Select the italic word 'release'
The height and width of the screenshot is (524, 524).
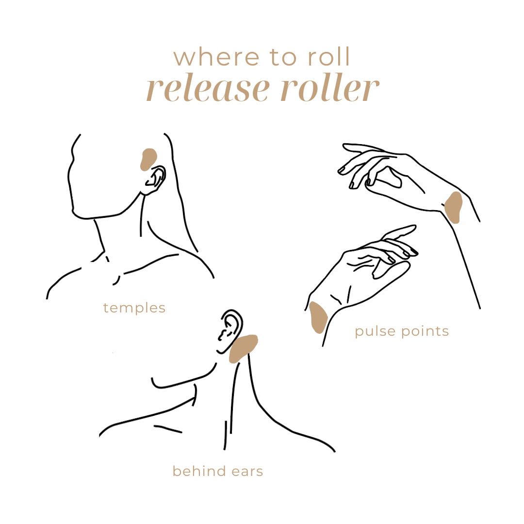[x=208, y=87]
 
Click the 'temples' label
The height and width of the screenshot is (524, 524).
[x=134, y=308]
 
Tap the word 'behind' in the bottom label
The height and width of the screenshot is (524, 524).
[x=199, y=471]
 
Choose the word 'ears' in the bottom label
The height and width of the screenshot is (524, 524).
[x=247, y=472]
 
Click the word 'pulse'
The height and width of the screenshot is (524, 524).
[x=376, y=332]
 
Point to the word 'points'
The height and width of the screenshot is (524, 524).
[x=425, y=331]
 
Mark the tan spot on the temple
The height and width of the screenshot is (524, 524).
[x=148, y=160]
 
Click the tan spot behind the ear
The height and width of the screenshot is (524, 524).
[x=243, y=348]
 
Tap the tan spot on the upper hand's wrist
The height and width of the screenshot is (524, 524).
[x=454, y=207]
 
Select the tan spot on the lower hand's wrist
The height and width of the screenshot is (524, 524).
[x=318, y=316]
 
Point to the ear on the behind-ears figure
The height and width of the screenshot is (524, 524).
[x=229, y=331]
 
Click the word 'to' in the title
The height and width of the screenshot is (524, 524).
[x=283, y=57]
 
